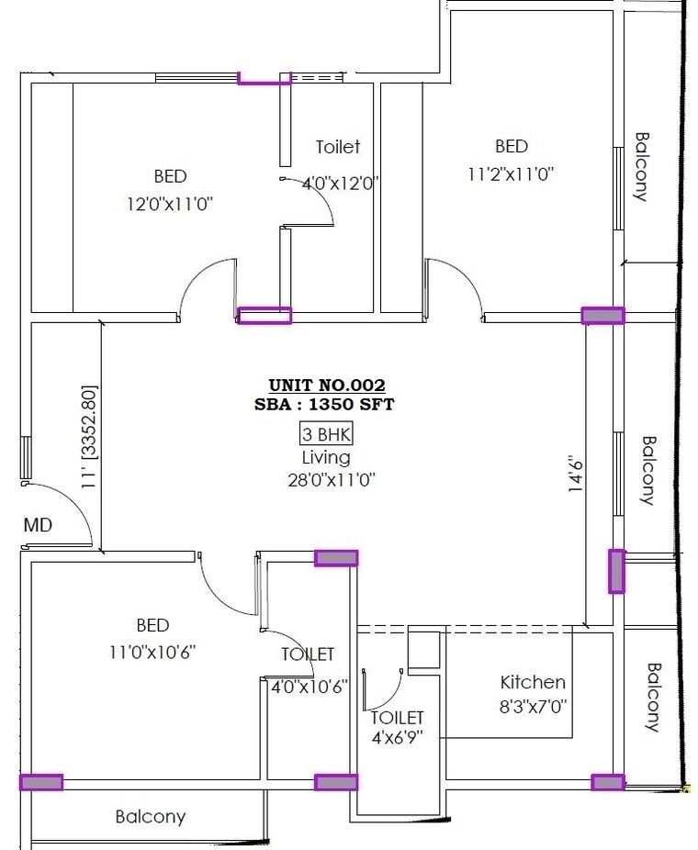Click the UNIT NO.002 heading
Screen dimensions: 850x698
coord(327,386)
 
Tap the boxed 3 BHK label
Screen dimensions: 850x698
coord(327,434)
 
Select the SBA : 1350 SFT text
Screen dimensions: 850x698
coord(327,404)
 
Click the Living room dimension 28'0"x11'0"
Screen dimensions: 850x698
coord(326,478)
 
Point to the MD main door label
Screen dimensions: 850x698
coord(38,526)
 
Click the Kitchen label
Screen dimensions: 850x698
coord(533,682)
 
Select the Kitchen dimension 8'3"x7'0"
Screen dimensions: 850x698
coord(533,708)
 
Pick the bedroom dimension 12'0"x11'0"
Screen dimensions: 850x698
coord(171,202)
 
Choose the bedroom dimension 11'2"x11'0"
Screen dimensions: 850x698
coord(512,173)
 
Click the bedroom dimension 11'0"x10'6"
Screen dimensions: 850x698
coord(152,652)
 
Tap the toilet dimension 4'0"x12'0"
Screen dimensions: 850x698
coord(341,183)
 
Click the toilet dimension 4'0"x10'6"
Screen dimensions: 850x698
coord(307,686)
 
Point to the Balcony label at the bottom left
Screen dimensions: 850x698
coord(151,816)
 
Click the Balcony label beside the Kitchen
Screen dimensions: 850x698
coord(654,698)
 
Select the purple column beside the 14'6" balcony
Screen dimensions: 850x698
coord(616,571)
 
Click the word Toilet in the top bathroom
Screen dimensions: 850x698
coord(338,147)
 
